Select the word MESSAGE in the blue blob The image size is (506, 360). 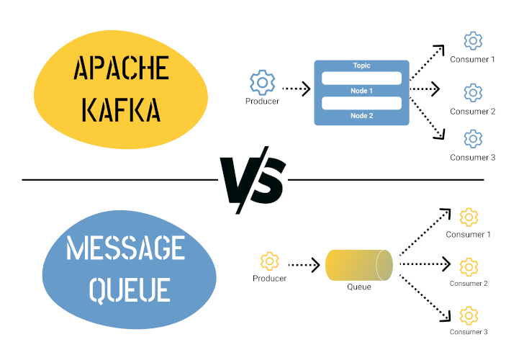pyautogui.click(x=125, y=249)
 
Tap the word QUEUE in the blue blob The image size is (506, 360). pyautogui.click(x=129, y=289)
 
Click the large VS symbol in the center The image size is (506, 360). pyautogui.click(x=253, y=179)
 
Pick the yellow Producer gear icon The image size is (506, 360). pyautogui.click(x=269, y=261)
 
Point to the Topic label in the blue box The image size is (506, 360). pyautogui.click(x=361, y=66)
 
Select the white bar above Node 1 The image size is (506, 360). pyautogui.click(x=361, y=78)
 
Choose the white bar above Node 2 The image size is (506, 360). pyautogui.click(x=361, y=103)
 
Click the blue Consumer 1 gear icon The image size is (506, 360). pyautogui.click(x=473, y=40)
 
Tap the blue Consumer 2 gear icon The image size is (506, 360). pyautogui.click(x=473, y=92)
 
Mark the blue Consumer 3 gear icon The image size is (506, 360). pyautogui.click(x=473, y=139)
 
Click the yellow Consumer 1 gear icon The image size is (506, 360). pyautogui.click(x=469, y=216)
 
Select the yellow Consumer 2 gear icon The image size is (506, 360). pyautogui.click(x=469, y=266)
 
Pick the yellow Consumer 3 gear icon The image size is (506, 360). pyautogui.click(x=469, y=315)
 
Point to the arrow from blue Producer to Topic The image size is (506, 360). pyautogui.click(x=296, y=89)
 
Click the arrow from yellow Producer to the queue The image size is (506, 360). pyautogui.click(x=303, y=265)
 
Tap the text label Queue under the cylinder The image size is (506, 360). pyautogui.click(x=358, y=287)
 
